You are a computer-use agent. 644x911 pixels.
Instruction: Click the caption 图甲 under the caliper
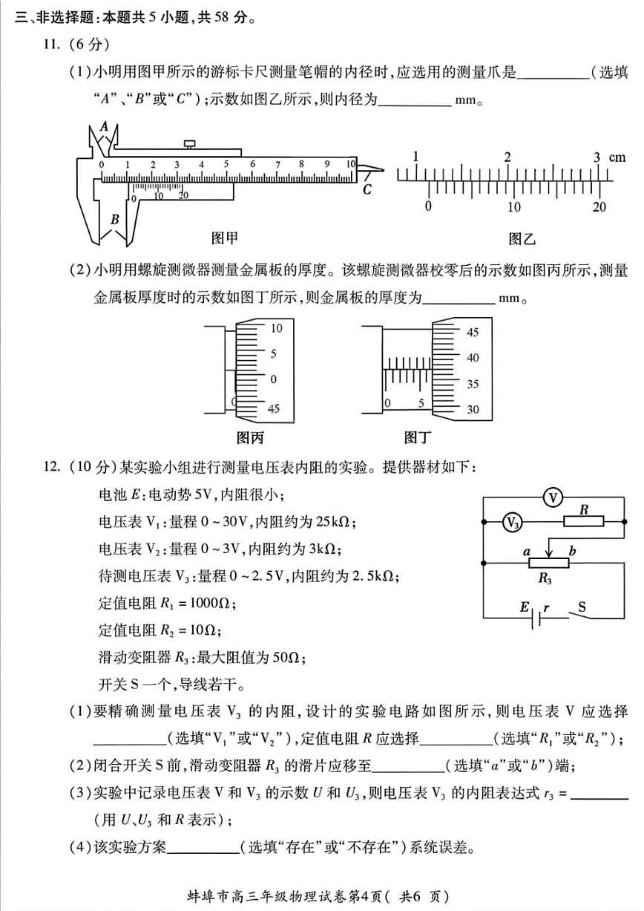pyautogui.click(x=225, y=238)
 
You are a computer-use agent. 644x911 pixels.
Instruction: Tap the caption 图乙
pyautogui.click(x=522, y=238)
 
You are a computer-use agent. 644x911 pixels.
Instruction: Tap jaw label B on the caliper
pyautogui.click(x=114, y=220)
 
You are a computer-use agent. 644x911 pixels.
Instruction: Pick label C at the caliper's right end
pyautogui.click(x=367, y=190)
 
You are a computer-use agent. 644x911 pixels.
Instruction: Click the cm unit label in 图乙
pyautogui.click(x=617, y=157)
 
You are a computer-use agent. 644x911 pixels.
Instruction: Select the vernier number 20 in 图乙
pyautogui.click(x=599, y=207)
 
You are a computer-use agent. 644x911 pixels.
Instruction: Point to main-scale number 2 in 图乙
pyautogui.click(x=507, y=157)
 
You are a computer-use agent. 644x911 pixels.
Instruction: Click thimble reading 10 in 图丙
pyautogui.click(x=276, y=327)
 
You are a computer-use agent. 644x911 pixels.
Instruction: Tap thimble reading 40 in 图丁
pyautogui.click(x=472, y=358)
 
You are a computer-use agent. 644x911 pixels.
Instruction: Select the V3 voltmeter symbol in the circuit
pyautogui.click(x=511, y=523)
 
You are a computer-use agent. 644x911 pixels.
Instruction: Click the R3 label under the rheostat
pyautogui.click(x=545, y=578)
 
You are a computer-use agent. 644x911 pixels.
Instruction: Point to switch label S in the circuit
pyautogui.click(x=582, y=607)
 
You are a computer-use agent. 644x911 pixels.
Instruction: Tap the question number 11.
pyautogui.click(x=50, y=45)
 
